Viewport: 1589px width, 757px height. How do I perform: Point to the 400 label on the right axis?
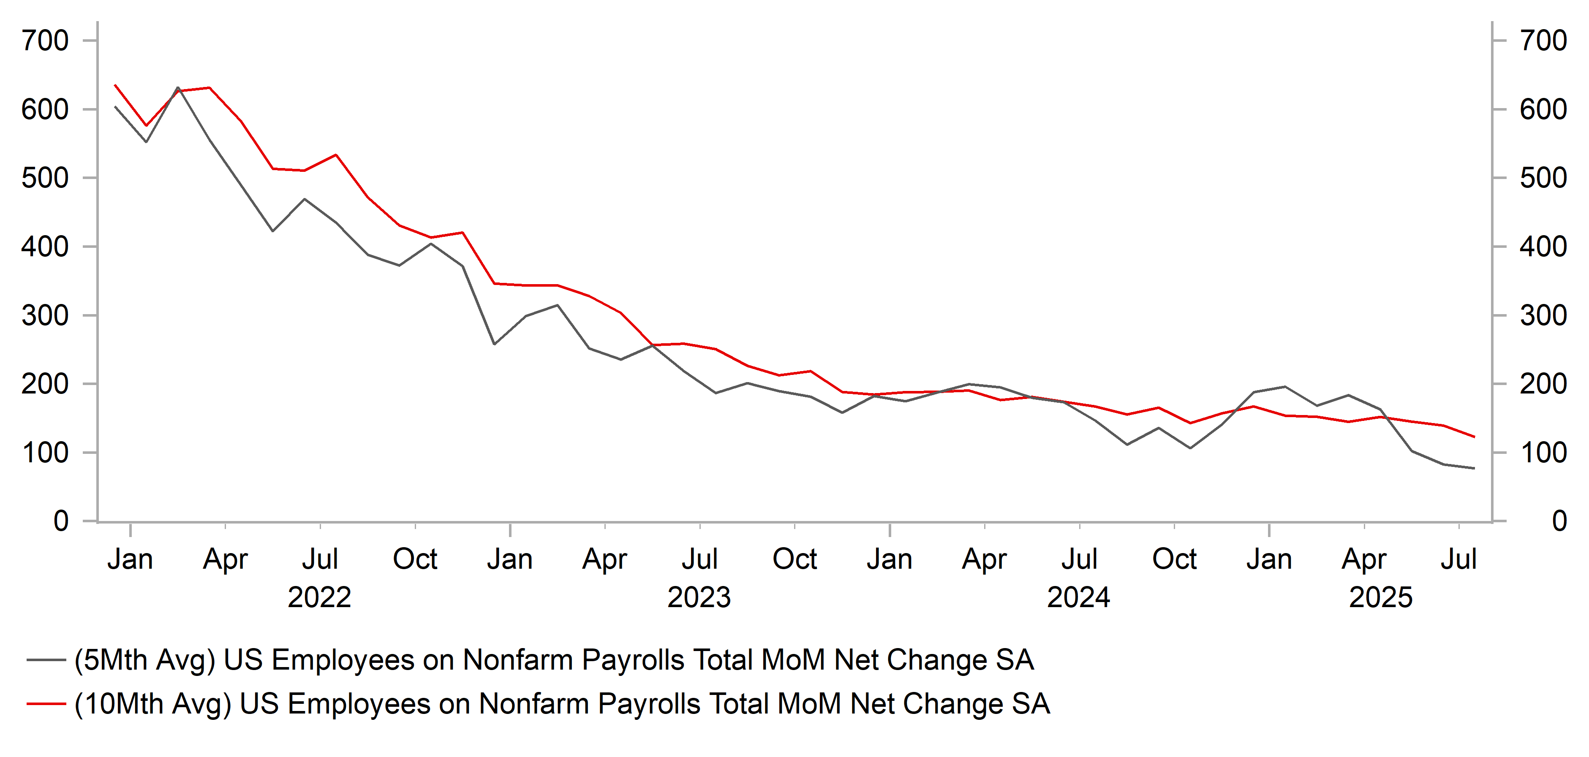(1543, 247)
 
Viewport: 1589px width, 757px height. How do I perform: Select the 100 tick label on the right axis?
(1543, 453)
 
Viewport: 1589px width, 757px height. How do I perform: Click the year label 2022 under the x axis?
(319, 597)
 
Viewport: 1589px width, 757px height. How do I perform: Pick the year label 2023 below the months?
(699, 597)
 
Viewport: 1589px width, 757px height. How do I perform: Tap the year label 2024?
(1078, 597)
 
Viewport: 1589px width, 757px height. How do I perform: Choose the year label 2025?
(1380, 597)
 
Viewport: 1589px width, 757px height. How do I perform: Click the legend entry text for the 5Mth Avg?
(553, 659)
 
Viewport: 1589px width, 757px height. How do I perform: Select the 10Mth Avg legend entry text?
(561, 704)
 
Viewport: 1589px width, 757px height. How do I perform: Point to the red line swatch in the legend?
(46, 704)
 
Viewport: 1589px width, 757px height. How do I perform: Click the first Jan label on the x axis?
(130, 559)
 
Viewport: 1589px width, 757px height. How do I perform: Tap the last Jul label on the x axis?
(1458, 559)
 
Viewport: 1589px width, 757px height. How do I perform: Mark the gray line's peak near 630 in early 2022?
(178, 87)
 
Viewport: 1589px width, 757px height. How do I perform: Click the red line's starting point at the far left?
(115, 85)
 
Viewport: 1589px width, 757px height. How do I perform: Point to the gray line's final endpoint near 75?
(1474, 469)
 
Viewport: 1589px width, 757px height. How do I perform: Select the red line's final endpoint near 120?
(1474, 437)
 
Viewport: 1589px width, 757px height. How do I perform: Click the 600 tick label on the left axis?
(44, 110)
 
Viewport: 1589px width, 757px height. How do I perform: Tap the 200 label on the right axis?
(1543, 384)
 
